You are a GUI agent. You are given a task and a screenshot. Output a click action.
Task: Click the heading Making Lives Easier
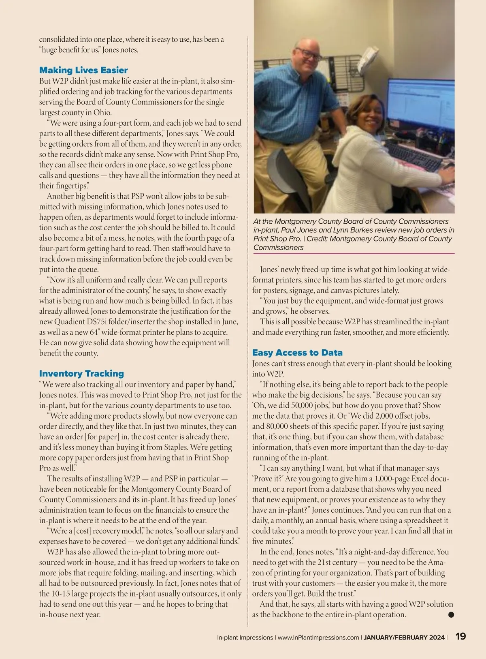[83, 70]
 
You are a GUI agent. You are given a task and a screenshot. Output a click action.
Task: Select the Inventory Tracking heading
[81, 373]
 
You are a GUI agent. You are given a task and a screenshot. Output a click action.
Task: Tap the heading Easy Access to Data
[297, 353]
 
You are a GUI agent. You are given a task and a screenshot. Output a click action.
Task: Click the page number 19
[460, 636]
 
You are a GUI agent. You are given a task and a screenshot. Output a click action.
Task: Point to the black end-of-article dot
[451, 614]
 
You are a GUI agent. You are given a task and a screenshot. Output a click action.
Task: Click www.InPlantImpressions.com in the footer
[318, 638]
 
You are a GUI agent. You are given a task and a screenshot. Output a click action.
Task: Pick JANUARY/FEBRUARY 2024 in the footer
[404, 638]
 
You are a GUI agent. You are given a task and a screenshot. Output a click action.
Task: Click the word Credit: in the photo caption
[320, 239]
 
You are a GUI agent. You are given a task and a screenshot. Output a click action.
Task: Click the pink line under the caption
[354, 254]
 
